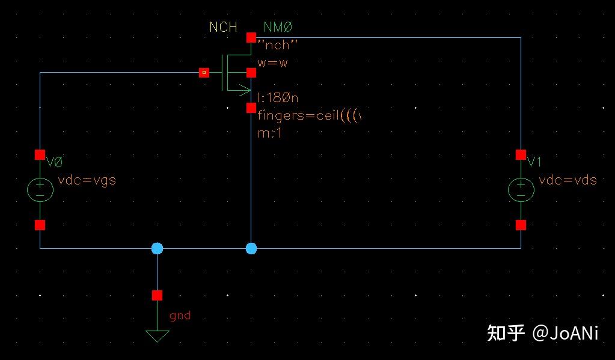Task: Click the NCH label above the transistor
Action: tap(223, 27)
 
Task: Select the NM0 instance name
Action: tap(278, 27)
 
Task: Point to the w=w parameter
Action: tap(272, 63)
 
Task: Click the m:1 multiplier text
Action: tap(270, 133)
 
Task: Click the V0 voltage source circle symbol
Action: tap(40, 190)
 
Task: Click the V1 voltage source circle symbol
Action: tap(521, 190)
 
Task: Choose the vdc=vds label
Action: tap(568, 180)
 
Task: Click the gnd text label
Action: tap(180, 315)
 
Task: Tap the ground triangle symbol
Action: tap(158, 335)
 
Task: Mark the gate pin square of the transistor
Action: tap(204, 73)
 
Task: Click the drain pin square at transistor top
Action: tap(251, 37)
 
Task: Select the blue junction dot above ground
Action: tap(157, 248)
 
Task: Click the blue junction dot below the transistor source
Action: tap(251, 248)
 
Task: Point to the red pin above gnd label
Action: tap(157, 295)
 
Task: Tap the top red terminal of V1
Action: tap(521, 154)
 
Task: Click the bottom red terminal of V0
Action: tap(40, 225)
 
